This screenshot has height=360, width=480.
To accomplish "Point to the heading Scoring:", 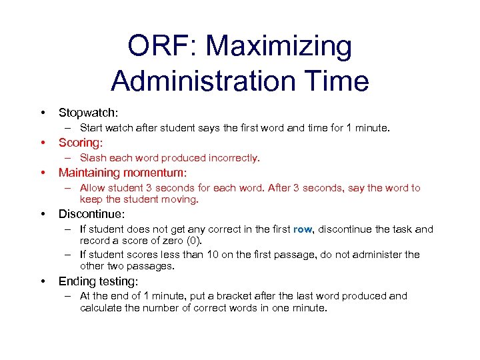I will [81, 143].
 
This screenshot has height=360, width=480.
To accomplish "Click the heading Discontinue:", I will [92, 215].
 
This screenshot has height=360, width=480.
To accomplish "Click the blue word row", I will [302, 229].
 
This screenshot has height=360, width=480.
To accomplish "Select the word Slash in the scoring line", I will [93, 158].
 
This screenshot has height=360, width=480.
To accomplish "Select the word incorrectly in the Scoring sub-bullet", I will [234, 158].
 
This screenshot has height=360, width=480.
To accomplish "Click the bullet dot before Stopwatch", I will [43, 113].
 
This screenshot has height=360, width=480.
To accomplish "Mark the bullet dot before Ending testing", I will [43, 281].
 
